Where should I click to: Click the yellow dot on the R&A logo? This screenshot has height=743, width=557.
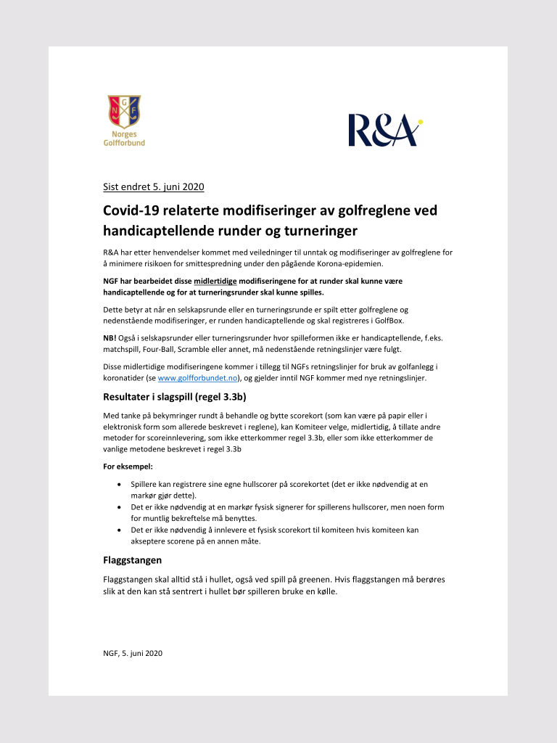[420, 121]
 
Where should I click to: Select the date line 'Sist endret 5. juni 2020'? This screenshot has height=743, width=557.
[154, 186]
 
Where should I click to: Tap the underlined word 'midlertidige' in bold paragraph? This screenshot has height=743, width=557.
[215, 281]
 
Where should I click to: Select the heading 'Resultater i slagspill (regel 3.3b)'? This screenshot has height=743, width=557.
[179, 397]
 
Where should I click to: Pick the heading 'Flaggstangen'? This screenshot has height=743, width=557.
[132, 560]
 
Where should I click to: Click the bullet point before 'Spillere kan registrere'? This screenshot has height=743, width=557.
[119, 483]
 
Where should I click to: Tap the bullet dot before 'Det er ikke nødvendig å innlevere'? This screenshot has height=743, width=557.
[119, 530]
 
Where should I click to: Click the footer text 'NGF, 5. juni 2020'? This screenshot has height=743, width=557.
[133, 653]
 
